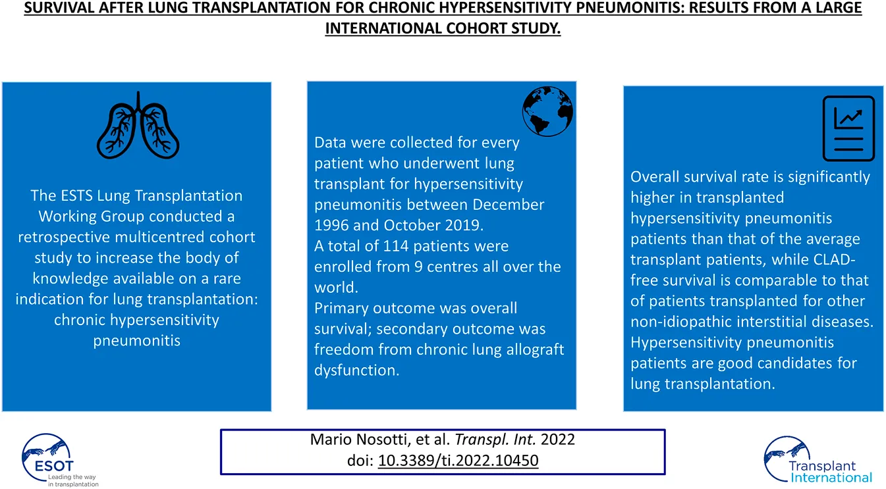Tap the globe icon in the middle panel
coord(547,111)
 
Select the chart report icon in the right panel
coord(848,128)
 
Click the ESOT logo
coord(59,461)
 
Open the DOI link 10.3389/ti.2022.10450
coord(458,461)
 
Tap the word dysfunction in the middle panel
coord(356,371)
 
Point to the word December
coord(509,205)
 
